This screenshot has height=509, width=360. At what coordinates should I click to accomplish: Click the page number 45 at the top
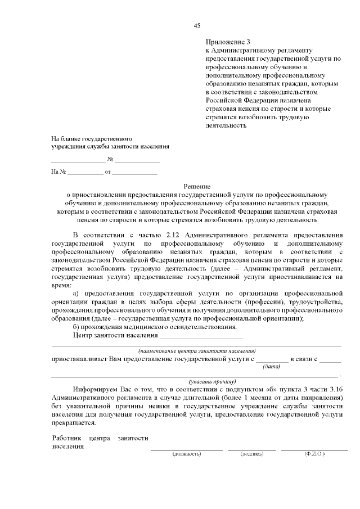click(x=197, y=25)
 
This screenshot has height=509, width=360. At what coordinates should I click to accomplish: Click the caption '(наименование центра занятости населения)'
click(x=197, y=350)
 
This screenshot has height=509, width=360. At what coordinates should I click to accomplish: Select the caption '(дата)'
click(x=272, y=367)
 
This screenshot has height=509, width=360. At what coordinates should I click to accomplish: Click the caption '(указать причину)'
click(x=212, y=381)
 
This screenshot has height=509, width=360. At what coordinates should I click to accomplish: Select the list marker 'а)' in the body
click(x=77, y=294)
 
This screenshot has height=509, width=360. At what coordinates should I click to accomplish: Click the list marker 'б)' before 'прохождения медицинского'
click(x=77, y=327)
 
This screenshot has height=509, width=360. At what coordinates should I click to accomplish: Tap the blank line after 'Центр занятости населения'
click(x=201, y=336)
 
